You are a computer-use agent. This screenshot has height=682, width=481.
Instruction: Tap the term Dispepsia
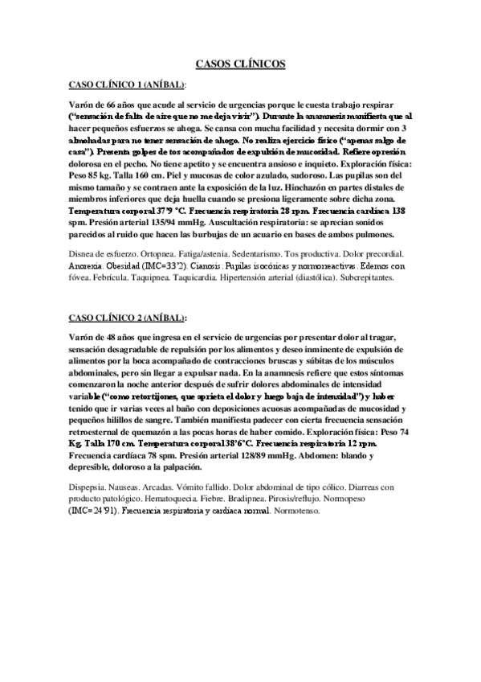coord(92,487)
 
